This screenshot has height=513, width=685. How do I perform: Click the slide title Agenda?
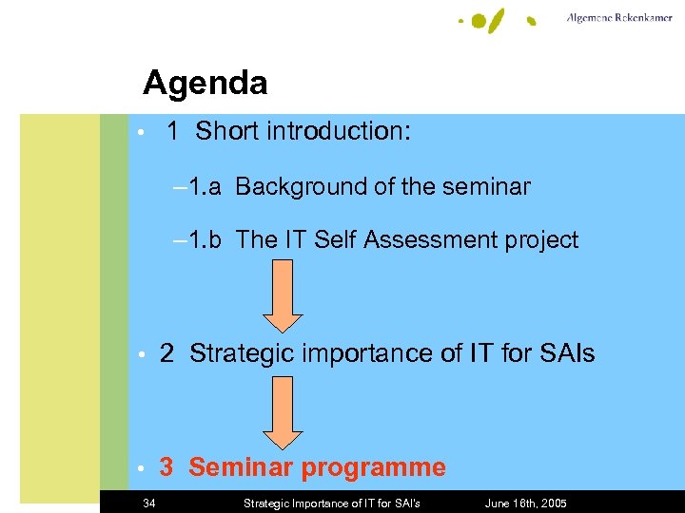pos(205,84)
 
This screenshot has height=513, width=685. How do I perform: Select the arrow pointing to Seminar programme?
pos(283,412)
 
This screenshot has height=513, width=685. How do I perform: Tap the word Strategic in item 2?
pos(242,354)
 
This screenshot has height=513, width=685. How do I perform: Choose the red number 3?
pos(166,467)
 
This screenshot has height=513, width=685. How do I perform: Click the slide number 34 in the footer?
pos(149,503)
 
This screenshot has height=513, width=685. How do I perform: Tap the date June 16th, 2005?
pos(525,503)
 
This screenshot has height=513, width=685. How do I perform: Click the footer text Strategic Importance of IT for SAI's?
pos(332,503)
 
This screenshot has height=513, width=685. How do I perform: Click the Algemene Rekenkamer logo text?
pos(620,18)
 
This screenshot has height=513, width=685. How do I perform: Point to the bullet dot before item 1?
pos(140,132)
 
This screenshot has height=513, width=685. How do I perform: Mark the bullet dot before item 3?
pos(140,468)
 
